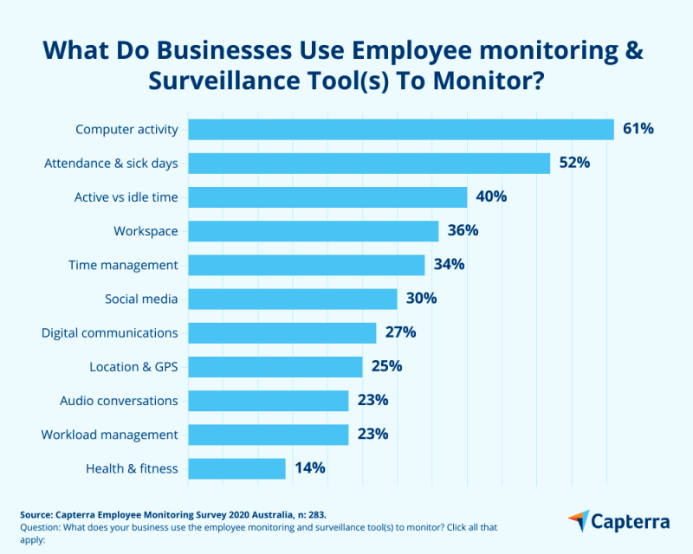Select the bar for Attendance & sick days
pyautogui.click(x=369, y=163)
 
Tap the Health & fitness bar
pyautogui.click(x=236, y=468)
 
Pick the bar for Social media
pyautogui.click(x=293, y=299)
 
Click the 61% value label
pyautogui.click(x=638, y=129)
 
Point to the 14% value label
pyautogui.click(x=309, y=468)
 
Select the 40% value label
pyautogui.click(x=491, y=196)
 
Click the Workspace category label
pyautogui.click(x=146, y=231)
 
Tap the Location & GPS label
pyautogui.click(x=133, y=367)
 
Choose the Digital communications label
pyautogui.click(x=110, y=332)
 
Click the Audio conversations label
pyautogui.click(x=119, y=401)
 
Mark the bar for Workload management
pyautogui.click(x=269, y=435)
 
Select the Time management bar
pyautogui.click(x=307, y=265)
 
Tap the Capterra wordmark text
pyautogui.click(x=630, y=521)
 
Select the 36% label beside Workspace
pyautogui.click(x=463, y=231)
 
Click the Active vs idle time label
pyautogui.click(x=126, y=197)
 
